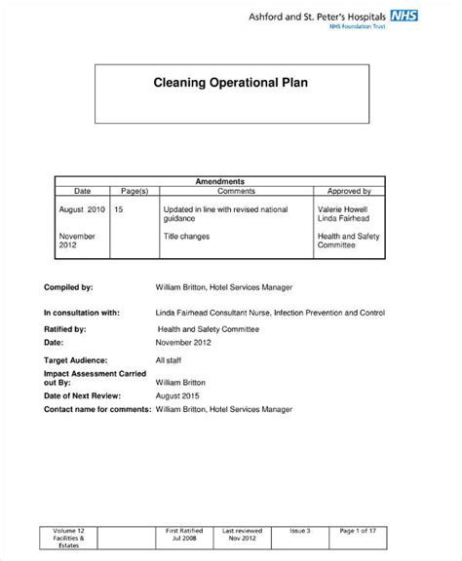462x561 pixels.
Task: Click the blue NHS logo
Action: pos(404,15)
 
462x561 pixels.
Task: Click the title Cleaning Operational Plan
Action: pos(231,83)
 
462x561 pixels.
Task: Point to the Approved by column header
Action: pos(350,192)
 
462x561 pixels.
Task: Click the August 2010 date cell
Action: pos(82,209)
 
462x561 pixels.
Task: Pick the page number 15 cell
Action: pos(119,209)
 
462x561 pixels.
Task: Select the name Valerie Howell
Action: pos(341,209)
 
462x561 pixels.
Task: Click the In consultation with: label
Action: pos(82,313)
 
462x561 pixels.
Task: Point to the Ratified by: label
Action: pos(65,329)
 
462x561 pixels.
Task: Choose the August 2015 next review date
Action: pos(180,395)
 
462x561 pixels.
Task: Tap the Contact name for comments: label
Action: pos(96,409)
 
